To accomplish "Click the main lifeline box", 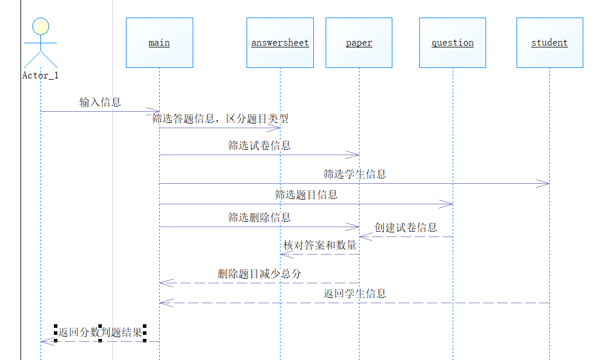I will coord(159,43).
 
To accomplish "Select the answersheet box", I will coord(280,43).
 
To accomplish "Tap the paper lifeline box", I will coord(359,43).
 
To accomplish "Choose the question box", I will coord(452,43).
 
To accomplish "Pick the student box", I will coord(549,43).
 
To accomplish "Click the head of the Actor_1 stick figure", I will coord(40,26).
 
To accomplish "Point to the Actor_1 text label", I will coord(40,76).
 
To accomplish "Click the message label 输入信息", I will coord(100,102).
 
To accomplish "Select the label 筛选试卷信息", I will coord(259,146).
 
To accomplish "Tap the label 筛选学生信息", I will coord(355,174).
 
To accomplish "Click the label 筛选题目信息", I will coord(306,195).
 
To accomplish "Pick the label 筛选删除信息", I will coord(259,218).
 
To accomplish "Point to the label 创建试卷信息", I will coord(406,228).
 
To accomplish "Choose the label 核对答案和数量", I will coord(320,245).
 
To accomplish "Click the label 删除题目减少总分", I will coord(259,273).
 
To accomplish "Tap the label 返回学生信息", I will coord(355,294).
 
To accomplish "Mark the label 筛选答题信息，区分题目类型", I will coord(220,119).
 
